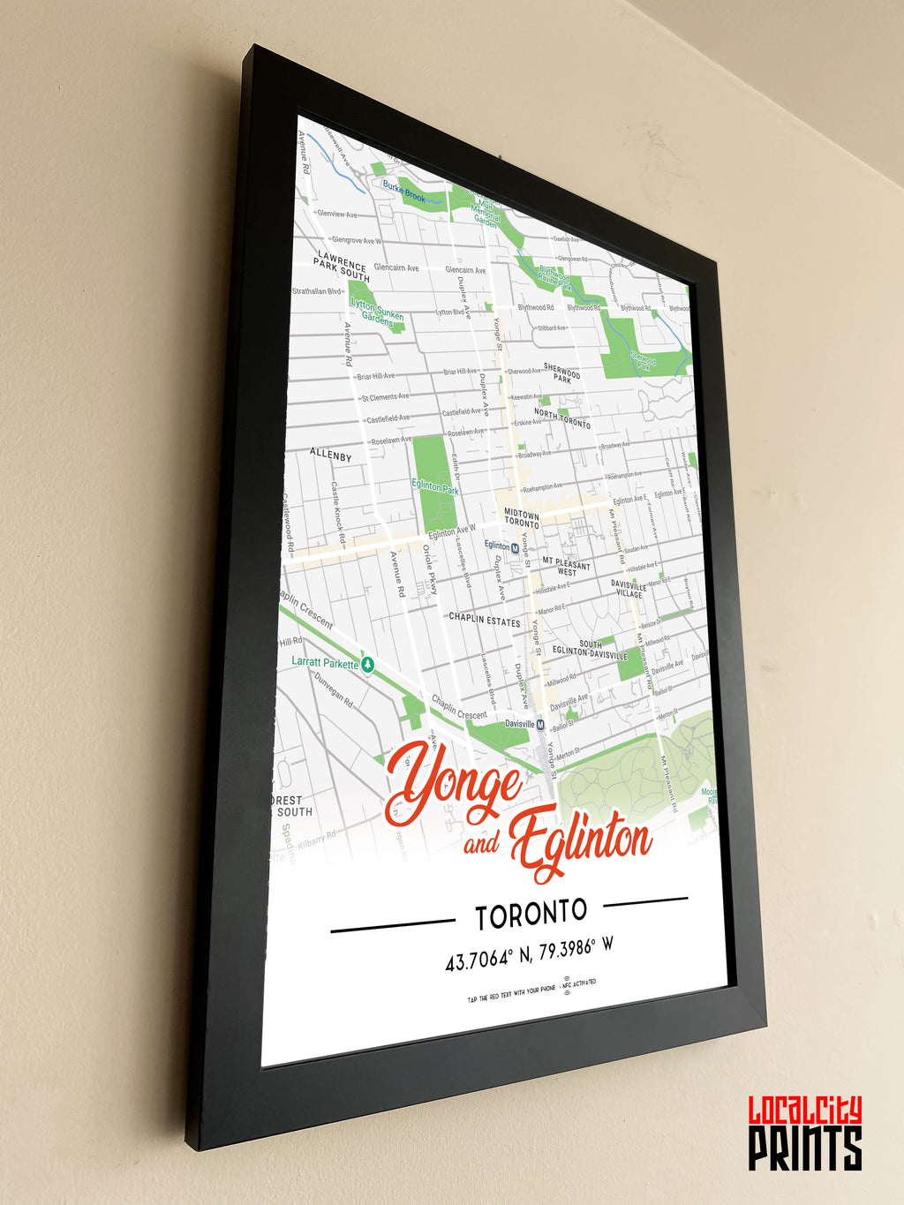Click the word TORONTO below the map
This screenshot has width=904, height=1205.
531,915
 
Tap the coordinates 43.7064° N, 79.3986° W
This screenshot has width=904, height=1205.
529,954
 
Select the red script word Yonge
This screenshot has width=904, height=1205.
454,782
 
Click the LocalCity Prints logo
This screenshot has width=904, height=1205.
804,1133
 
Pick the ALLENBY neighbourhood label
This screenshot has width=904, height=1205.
330,455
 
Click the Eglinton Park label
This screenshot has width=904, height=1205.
435,486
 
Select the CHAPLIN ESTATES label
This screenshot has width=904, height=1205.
484,620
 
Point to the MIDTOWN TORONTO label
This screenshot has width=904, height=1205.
522,518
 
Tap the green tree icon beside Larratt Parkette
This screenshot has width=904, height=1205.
368,665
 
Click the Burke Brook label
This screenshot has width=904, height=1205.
403,190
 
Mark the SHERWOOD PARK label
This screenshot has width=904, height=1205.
562,373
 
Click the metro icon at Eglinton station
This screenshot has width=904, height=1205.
516,548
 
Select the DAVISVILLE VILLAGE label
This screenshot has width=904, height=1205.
629,589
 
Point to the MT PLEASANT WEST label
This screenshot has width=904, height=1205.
566,567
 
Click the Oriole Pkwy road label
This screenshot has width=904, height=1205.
430,569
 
